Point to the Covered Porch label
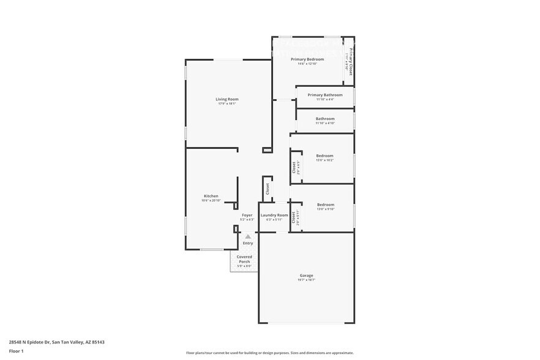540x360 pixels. pyautogui.click(x=244, y=260)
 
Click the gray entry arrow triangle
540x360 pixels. pyautogui.click(x=247, y=236)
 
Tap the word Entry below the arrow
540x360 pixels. pyautogui.click(x=247, y=243)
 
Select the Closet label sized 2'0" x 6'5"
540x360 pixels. pyautogui.click(x=294, y=167)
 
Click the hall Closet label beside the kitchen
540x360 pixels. pyautogui.click(x=268, y=189)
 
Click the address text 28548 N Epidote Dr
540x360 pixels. pyautogui.click(x=52, y=342)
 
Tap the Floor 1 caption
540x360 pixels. pyautogui.click(x=16, y=351)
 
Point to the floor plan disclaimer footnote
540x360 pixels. pyautogui.click(x=269, y=353)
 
